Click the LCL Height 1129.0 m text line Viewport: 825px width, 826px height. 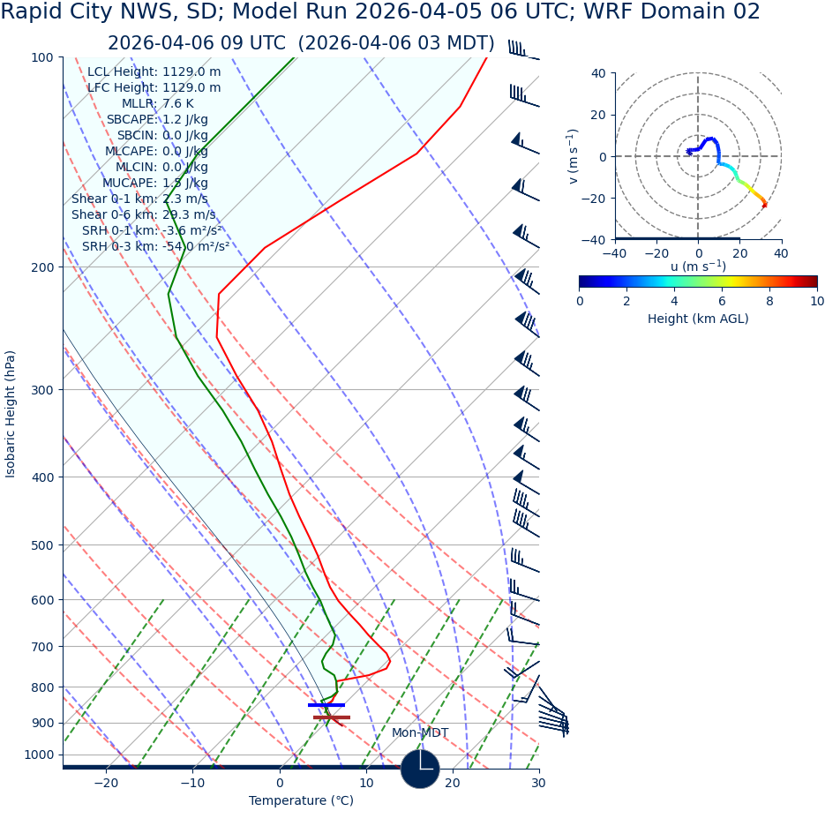point(154,72)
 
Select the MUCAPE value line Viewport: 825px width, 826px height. point(154,184)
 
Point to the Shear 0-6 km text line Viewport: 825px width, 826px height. point(143,215)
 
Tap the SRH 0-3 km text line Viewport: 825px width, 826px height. point(155,247)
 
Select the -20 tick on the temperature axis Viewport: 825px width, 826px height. point(105,784)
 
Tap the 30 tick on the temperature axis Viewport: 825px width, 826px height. point(538,784)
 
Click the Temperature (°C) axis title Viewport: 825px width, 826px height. point(301,801)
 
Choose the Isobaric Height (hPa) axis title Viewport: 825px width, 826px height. point(11,414)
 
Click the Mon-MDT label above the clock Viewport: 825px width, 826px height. point(420,733)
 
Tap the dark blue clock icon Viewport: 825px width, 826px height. point(420,769)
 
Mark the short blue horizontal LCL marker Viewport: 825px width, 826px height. point(326,705)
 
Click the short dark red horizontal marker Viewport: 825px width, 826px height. point(332,717)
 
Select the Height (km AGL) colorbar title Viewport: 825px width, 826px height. point(698,319)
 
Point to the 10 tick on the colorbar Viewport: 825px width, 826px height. point(817,302)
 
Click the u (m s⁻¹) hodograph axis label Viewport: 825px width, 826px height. point(698,267)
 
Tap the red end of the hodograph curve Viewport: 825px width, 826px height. point(764,206)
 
